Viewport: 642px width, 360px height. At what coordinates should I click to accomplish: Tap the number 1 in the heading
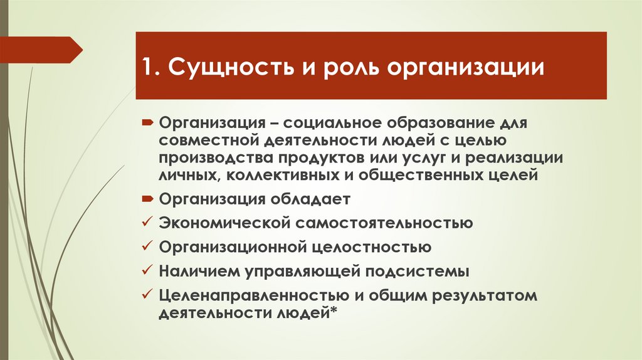149,67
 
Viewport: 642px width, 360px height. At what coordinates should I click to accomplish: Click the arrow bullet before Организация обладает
146,199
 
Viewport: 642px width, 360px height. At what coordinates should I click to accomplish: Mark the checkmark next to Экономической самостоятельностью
146,223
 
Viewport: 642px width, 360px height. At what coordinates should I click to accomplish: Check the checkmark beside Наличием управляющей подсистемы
146,271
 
